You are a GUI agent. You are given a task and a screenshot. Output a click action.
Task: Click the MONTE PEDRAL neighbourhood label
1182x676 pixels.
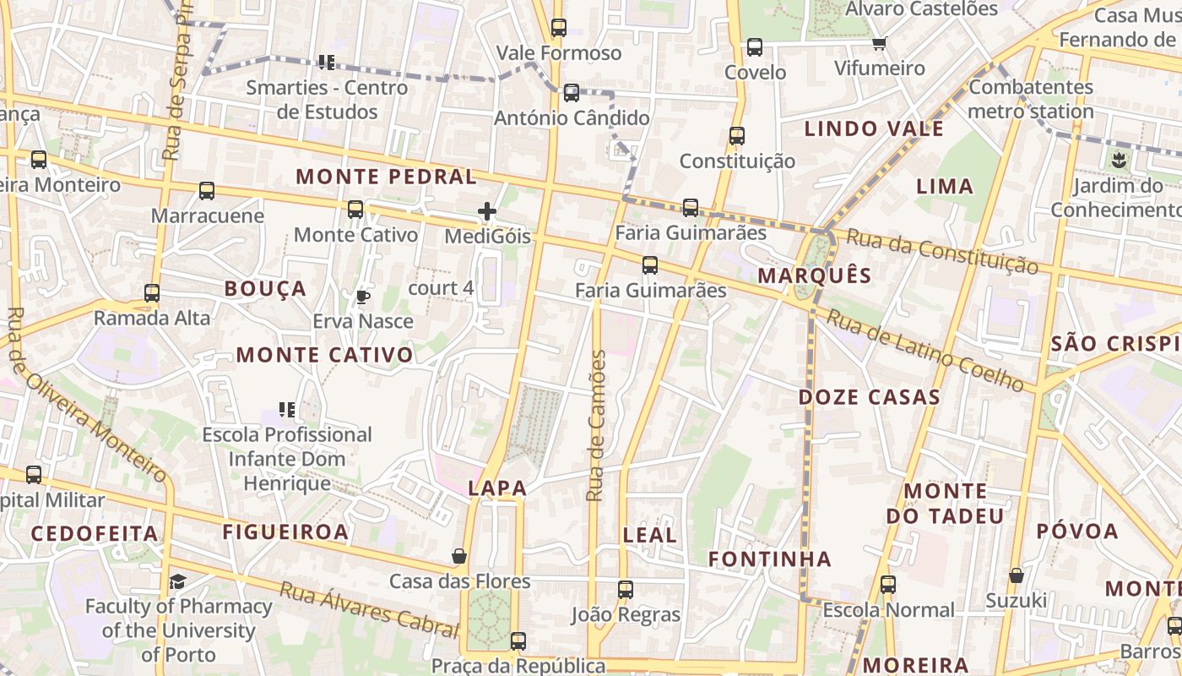tap(387, 177)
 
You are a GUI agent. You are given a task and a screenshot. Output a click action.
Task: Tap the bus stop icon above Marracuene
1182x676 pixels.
tap(207, 191)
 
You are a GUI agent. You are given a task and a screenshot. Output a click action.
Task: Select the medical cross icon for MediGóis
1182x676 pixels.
tap(487, 211)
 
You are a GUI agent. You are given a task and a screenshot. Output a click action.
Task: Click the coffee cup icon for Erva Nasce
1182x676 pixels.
tap(362, 297)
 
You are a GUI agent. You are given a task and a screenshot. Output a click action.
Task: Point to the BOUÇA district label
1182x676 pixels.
tap(265, 289)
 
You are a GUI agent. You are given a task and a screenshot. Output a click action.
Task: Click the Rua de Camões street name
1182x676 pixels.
tap(597, 426)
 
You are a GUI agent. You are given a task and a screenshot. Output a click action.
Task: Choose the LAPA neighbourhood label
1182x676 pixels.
tap(497, 488)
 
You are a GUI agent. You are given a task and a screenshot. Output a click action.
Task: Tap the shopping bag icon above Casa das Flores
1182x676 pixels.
tap(459, 555)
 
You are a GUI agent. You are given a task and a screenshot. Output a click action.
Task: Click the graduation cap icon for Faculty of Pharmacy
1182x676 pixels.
tap(177, 581)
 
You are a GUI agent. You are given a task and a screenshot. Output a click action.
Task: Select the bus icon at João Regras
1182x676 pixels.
tap(625, 589)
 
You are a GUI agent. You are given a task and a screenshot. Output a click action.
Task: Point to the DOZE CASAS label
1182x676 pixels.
tap(870, 397)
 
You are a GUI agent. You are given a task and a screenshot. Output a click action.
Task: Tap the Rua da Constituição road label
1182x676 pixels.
tap(942, 250)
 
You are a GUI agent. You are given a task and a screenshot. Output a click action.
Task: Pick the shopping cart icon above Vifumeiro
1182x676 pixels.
tap(880, 43)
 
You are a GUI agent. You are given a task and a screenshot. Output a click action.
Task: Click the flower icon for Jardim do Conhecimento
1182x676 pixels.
tap(1120, 159)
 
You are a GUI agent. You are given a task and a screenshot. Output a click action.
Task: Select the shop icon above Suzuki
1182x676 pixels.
tap(1017, 575)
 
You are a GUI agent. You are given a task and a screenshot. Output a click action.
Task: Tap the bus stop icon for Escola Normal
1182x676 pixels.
tap(887, 584)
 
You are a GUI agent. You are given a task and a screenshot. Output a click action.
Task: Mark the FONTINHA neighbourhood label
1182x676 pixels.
tap(769, 559)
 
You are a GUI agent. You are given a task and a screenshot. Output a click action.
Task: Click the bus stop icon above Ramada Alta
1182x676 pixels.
tap(152, 293)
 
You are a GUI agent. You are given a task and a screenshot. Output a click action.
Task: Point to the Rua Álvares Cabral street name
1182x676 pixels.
tap(368, 608)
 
